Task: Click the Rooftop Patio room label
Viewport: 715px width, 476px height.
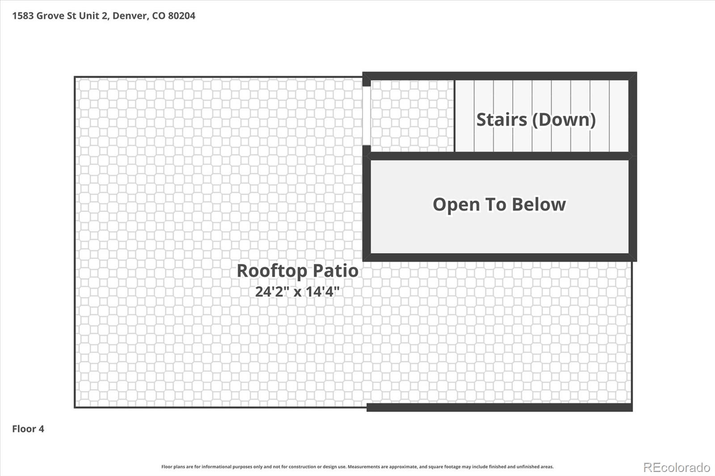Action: pos(297,271)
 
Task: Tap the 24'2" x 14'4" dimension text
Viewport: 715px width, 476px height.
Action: pos(297,292)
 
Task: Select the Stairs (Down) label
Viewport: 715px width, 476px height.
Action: pos(536,120)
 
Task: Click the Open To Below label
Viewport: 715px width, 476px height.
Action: pos(499,205)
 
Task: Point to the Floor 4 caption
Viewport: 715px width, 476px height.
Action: pos(28,429)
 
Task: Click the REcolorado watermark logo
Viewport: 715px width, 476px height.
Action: pos(677,468)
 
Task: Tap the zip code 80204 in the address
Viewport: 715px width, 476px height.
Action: pos(181,16)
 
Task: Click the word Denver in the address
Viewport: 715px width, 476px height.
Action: pos(130,16)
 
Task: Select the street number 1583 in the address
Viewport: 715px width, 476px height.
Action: pos(23,16)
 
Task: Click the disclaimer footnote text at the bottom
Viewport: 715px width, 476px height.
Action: pos(357,467)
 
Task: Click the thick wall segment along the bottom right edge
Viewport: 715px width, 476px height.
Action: pos(499,407)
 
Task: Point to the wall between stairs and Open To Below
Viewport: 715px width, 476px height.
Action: pos(499,156)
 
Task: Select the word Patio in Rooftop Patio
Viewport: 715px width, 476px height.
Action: pos(335,271)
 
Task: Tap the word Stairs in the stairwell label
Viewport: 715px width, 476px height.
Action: pos(501,120)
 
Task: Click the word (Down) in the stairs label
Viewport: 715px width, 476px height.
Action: pos(564,120)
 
